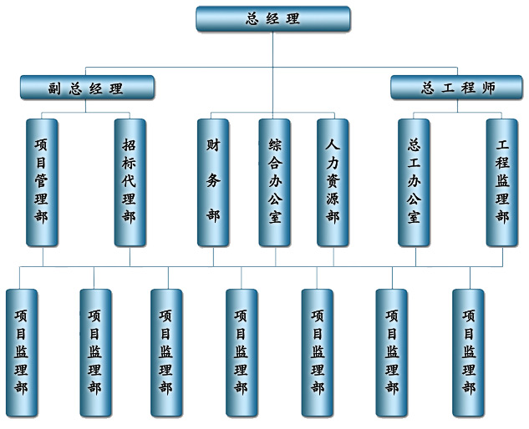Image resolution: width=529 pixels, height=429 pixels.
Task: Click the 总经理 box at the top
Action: click(273, 18)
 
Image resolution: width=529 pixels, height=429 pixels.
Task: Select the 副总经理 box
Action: click(88, 88)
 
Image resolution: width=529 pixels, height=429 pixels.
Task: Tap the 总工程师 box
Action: click(456, 88)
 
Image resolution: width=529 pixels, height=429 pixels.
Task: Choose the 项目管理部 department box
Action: click(42, 182)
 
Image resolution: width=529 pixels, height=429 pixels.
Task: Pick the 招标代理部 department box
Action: click(130, 182)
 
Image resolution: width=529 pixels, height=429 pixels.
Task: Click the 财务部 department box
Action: click(213, 182)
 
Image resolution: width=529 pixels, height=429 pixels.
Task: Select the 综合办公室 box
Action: click(274, 182)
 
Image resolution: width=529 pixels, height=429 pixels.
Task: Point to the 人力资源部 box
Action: click(333, 182)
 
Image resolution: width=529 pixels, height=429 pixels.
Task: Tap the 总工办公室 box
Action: click(414, 182)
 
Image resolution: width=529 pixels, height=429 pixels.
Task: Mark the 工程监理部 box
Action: click(502, 182)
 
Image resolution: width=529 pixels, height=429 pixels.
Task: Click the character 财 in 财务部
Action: click(213, 144)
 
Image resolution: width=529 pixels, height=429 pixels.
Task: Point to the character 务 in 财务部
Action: click(213, 179)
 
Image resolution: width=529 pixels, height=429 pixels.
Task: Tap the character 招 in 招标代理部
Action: click(130, 144)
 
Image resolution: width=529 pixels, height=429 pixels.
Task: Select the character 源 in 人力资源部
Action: click(333, 199)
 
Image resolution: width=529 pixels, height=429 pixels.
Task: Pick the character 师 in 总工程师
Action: click(489, 88)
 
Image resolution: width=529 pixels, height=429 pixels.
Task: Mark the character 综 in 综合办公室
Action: click(274, 144)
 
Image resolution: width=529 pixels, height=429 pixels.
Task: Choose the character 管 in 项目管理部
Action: click(42, 180)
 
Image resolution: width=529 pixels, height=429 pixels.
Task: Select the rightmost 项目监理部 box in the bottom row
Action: click(468, 352)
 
